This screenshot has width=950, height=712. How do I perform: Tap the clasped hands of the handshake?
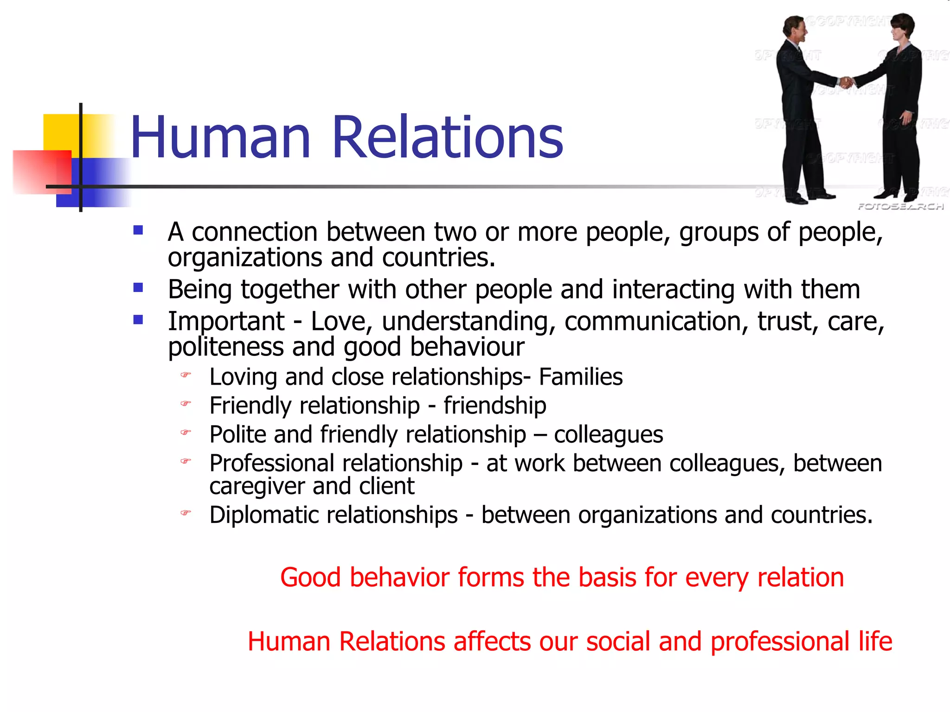coord(847,83)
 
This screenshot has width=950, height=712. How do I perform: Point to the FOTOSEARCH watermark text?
coord(900,206)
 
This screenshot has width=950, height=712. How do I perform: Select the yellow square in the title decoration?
coord(61,132)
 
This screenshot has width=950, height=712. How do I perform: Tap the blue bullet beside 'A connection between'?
coord(138,230)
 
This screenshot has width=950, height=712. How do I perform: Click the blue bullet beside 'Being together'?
coord(138,288)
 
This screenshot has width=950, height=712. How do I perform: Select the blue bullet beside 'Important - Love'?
coord(138,320)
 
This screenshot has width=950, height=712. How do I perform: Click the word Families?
coord(580,377)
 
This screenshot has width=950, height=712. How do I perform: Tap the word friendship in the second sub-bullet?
coord(494,406)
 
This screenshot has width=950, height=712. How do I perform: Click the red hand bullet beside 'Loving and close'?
coord(186,375)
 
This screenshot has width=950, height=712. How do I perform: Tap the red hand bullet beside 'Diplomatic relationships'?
coord(186,513)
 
